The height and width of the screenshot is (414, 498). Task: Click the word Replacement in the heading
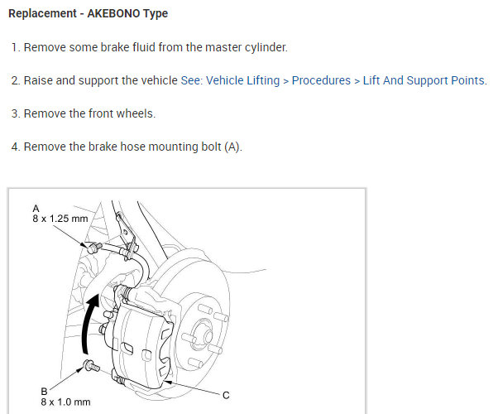coord(42,13)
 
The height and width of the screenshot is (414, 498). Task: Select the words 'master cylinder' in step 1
coord(247,47)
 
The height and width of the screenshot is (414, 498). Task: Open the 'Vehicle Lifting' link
coord(242,80)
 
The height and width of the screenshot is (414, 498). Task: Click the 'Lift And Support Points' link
coord(424,80)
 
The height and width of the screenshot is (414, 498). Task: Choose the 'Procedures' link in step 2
coord(321,80)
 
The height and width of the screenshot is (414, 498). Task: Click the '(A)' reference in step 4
coord(233,147)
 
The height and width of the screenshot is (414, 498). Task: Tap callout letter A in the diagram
coord(36,209)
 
